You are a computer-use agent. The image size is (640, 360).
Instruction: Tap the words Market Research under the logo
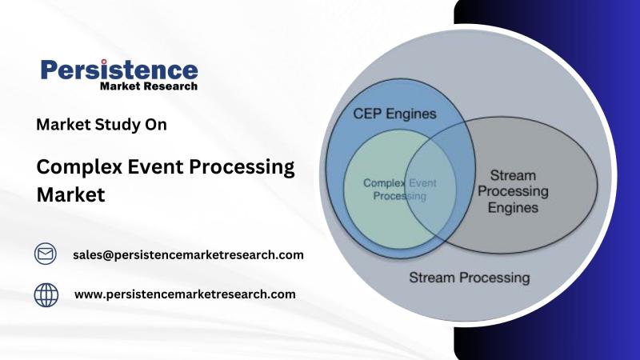149,86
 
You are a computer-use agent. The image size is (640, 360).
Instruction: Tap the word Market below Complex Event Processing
71,194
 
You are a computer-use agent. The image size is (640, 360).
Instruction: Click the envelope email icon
46,254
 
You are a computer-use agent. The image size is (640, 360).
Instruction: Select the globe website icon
46,294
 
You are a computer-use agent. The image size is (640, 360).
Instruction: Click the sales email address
188,255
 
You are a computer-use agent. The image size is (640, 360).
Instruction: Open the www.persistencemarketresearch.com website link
185,294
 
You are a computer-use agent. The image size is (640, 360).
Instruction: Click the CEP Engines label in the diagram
394,114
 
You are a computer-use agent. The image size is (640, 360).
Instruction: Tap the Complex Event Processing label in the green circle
394,189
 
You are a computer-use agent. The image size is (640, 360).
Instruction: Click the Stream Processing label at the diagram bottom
469,278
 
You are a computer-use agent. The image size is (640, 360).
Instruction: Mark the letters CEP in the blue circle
366,114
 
